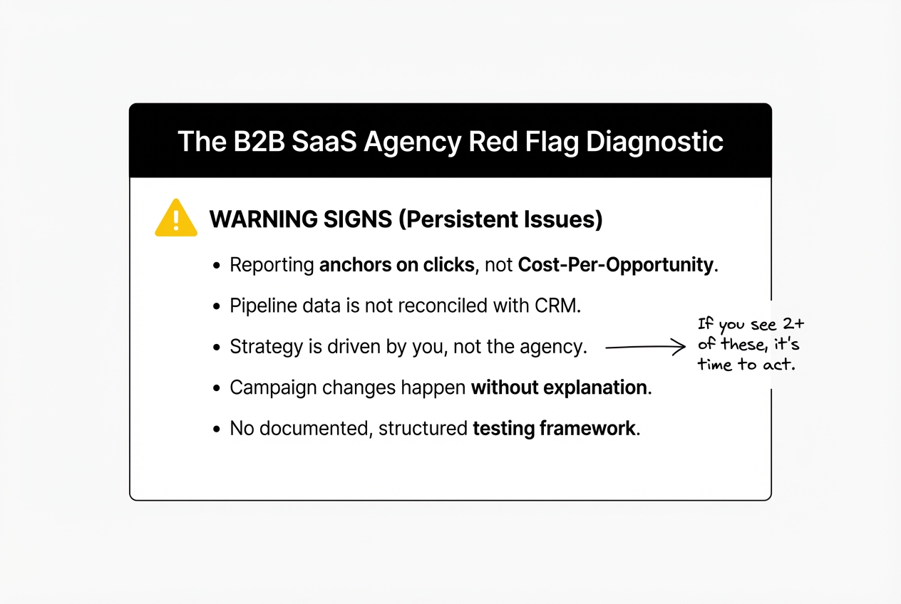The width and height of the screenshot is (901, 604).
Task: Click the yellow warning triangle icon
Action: pos(176,218)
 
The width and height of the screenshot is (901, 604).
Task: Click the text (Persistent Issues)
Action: pos(500,219)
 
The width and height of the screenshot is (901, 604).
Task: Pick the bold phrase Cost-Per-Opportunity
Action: pos(617,265)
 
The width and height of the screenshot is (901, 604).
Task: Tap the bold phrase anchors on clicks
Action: pos(396,265)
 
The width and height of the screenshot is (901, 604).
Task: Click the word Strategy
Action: pos(259,348)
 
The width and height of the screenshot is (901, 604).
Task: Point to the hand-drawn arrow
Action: pos(644,348)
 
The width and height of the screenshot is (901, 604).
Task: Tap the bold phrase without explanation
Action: pos(559,388)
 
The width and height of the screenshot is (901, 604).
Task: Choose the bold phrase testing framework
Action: pos(554,429)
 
